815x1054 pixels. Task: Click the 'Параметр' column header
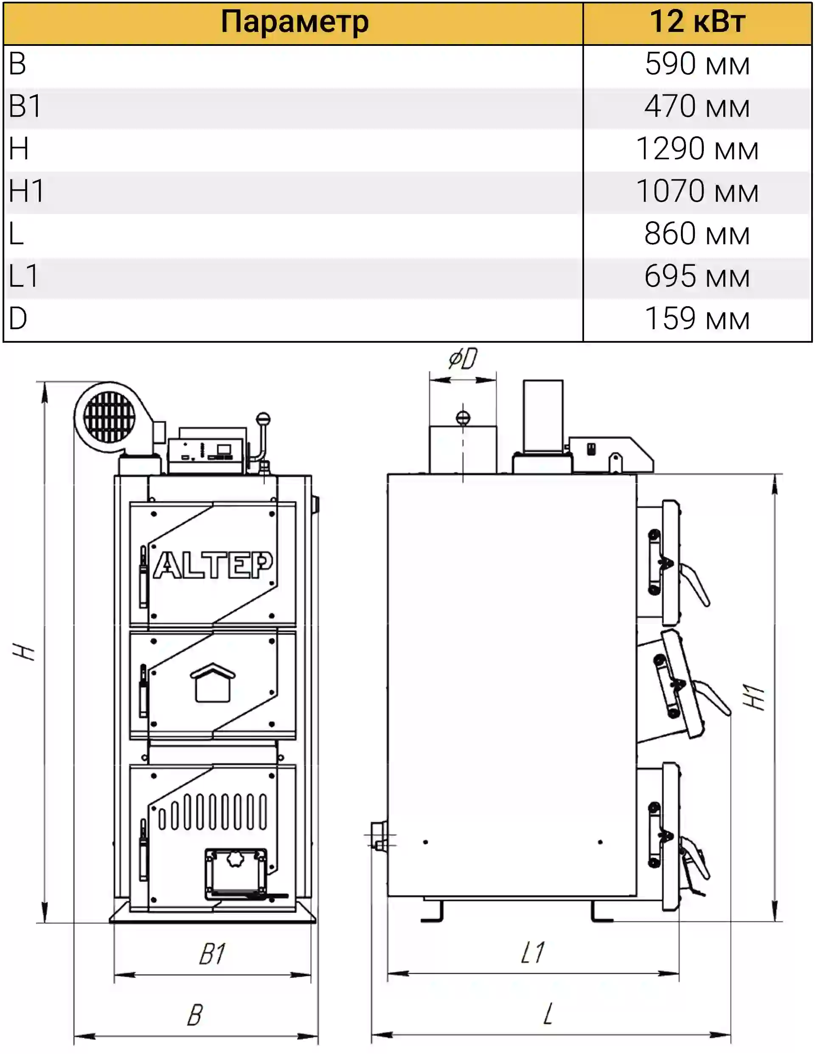(x=295, y=22)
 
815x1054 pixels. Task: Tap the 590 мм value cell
(x=697, y=64)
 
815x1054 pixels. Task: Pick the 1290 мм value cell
(x=697, y=149)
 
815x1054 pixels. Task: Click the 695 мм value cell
(x=697, y=276)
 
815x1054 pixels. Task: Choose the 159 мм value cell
(x=697, y=319)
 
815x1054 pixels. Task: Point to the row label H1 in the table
(x=27, y=191)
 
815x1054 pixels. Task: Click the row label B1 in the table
(x=25, y=106)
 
